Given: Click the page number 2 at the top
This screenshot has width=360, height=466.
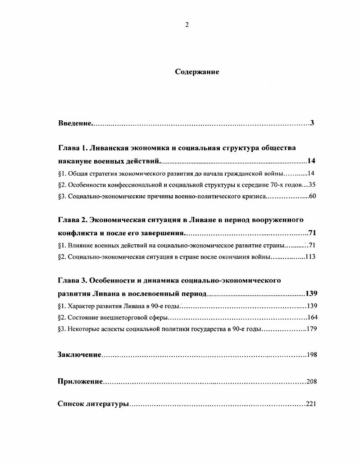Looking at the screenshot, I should tap(187, 25).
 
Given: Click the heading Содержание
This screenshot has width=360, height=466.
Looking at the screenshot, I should tap(197, 72).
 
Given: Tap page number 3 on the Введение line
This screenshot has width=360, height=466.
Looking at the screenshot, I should tap(312, 123).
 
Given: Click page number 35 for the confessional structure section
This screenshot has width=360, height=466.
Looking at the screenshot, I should tap(313, 184).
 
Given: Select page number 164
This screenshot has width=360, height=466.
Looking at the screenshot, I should tap(312, 317).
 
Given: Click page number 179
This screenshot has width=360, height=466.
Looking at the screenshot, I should tap(312, 329).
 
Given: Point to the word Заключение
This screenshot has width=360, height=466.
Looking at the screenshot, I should tap(79, 355).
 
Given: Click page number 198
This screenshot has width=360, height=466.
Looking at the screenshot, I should tap(312, 355).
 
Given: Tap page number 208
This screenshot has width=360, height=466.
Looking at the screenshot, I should tap(312, 382).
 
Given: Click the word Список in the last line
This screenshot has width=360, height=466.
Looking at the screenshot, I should tap(71, 404).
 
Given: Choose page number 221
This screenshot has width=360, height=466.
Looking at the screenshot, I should tap(311, 404).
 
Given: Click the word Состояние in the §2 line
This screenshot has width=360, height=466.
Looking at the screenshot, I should tap(83, 317).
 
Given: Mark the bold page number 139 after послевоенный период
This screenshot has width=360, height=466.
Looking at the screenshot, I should tap(311, 294).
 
